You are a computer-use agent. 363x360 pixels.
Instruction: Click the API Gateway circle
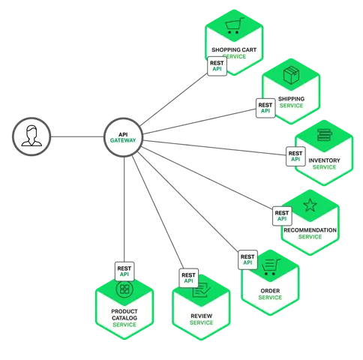point(123,138)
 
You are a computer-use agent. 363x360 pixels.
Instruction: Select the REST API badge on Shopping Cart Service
point(217,65)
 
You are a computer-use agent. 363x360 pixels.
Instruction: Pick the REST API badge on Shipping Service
point(265,108)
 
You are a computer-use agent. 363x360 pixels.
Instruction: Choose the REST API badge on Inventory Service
point(295,156)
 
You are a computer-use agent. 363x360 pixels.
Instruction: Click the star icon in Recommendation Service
point(310,205)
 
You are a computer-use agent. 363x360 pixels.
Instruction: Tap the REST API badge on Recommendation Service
point(282,217)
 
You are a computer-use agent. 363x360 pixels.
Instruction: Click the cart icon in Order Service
point(270,265)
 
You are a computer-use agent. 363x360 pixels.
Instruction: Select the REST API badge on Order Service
point(247,260)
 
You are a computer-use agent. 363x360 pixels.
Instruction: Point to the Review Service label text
point(201,319)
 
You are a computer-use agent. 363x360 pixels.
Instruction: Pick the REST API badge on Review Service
point(188,279)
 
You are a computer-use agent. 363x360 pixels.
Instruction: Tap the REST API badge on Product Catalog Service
point(124,268)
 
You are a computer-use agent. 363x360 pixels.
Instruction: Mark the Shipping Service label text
point(291,102)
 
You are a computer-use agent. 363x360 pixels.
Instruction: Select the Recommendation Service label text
point(310,233)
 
